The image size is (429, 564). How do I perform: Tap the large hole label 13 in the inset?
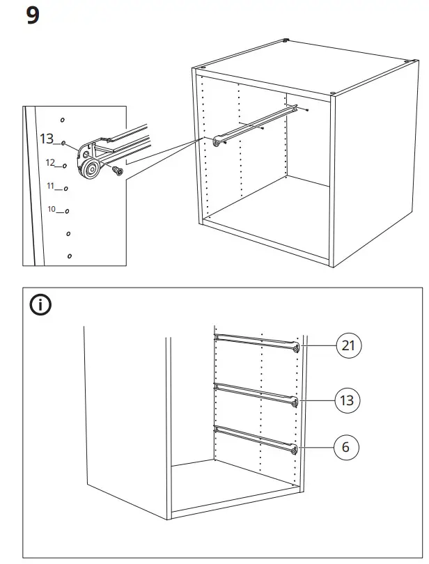tap(47, 139)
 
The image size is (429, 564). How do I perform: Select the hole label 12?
tap(50, 162)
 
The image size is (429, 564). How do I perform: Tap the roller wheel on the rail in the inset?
tap(89, 167)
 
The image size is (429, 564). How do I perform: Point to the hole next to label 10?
tap(66, 211)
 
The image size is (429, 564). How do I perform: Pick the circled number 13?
tap(346, 400)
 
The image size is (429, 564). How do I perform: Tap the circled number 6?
tap(346, 447)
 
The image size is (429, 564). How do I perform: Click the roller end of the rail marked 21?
tap(297, 347)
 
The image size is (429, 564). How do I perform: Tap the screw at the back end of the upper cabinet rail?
tap(306, 109)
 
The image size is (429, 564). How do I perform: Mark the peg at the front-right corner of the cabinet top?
tap(333, 95)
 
